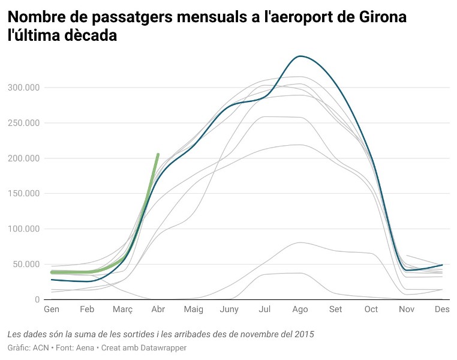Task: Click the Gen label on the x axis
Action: point(52,310)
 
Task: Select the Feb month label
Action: point(87,310)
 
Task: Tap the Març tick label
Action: point(122,310)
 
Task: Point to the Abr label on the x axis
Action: point(158,310)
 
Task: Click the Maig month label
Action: point(194,310)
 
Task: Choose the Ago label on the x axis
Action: point(300,310)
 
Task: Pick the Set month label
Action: point(336,310)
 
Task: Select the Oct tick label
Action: point(371,310)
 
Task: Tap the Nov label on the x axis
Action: point(407,310)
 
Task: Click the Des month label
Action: point(442,310)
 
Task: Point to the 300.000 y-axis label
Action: point(23,88)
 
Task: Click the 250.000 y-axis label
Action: point(23,123)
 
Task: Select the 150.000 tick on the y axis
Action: point(23,194)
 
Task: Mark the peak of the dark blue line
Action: point(300,56)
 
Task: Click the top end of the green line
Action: point(158,155)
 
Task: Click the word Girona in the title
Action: point(377,17)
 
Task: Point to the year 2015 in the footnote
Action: point(304,334)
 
